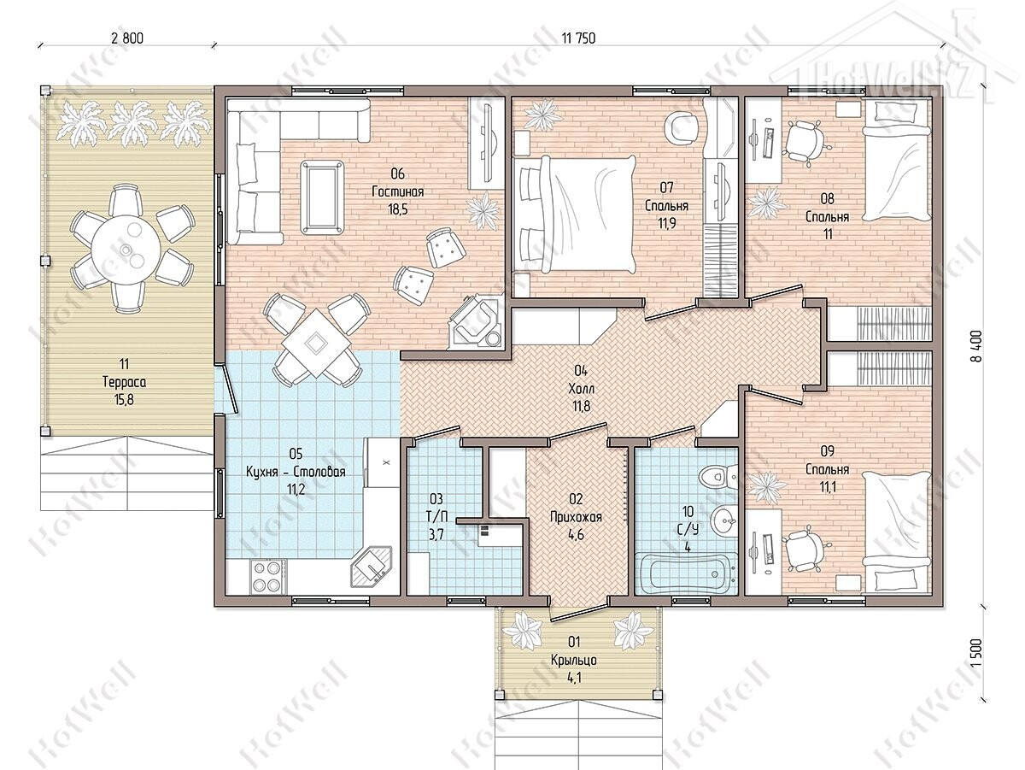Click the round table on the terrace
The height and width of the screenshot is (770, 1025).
point(124,249)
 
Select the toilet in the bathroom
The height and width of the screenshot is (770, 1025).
point(718,477)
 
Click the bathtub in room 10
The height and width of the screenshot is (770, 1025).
point(686,573)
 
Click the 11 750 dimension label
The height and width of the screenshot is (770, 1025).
point(578,38)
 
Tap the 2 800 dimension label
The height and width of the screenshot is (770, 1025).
point(126,38)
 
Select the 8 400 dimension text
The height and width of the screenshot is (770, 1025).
point(975,346)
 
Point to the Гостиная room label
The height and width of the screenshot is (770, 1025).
point(397,191)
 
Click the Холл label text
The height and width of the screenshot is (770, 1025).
point(582,389)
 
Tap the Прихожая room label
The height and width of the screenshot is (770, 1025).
point(576,517)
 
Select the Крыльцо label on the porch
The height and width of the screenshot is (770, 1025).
point(573,660)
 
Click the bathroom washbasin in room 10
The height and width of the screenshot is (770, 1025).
point(723,520)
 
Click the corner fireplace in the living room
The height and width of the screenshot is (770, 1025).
point(477,321)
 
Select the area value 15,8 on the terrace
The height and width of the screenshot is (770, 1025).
point(124,400)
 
